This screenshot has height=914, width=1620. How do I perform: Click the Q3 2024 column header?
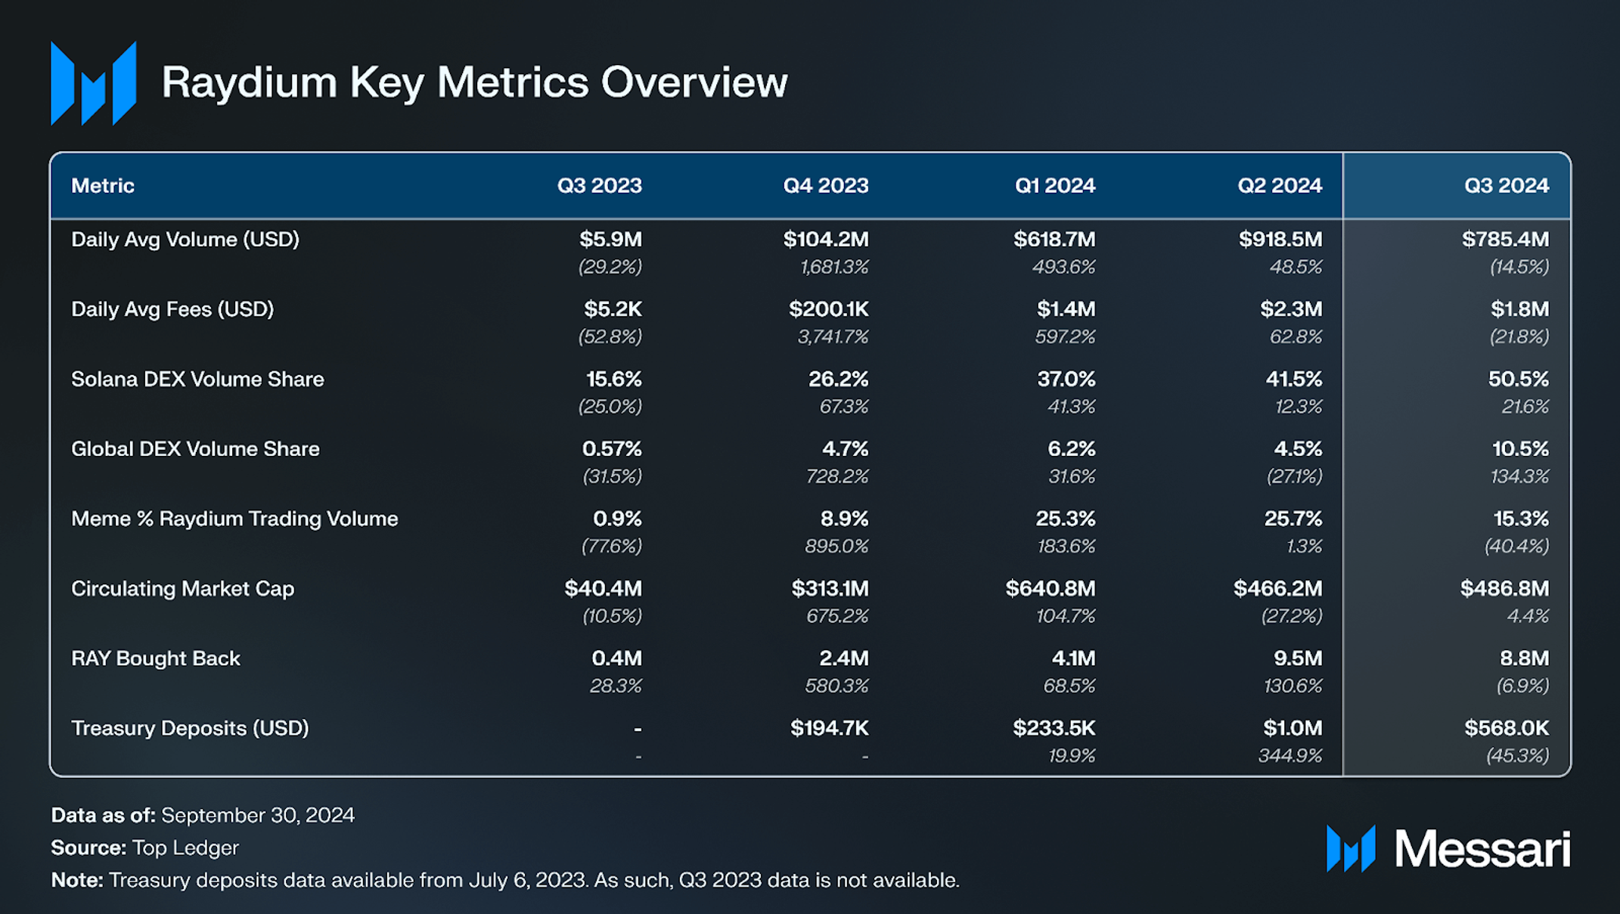pos(1506,185)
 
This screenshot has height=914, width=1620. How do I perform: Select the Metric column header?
pos(103,185)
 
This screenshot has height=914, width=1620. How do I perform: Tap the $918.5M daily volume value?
pos(1280,240)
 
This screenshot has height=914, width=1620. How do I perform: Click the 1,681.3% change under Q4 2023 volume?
pos(833,267)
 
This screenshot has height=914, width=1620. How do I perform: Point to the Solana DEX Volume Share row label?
pos(197,380)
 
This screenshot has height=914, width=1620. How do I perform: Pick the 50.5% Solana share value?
pos(1518,380)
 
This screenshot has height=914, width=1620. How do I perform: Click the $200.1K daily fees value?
pos(828,309)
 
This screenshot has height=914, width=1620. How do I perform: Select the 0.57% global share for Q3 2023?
pos(611,449)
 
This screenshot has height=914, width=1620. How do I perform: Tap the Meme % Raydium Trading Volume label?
pos(234,519)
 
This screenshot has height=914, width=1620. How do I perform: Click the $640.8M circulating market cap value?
pos(1050,589)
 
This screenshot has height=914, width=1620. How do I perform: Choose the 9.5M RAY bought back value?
pos(1297,658)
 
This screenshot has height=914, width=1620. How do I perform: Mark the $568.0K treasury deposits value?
pos(1506,728)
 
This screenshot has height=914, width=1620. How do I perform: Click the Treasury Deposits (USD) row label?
pos(190,728)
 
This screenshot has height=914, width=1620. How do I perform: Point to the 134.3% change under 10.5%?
pos(1519,476)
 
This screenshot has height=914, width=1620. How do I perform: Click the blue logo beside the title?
pos(93,83)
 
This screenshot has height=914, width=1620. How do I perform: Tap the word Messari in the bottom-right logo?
pos(1482,849)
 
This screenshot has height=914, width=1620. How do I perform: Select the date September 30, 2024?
pos(258,815)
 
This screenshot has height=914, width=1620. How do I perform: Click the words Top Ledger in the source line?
pos(185,847)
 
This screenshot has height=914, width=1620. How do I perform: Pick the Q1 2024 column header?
pos(1054,185)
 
